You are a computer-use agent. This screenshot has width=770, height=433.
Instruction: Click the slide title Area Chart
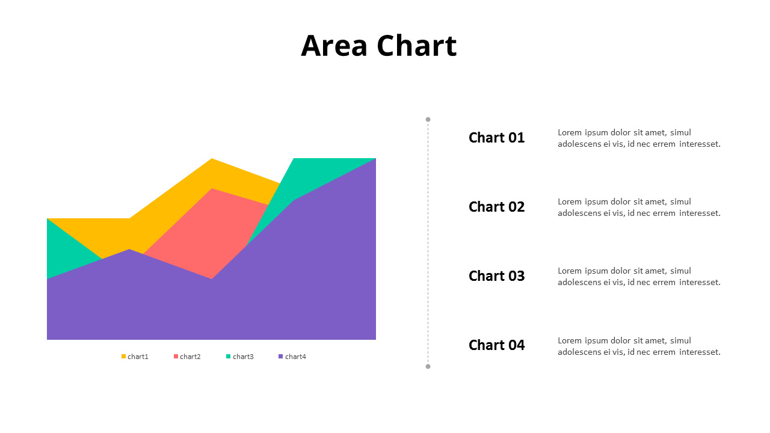coord(378,46)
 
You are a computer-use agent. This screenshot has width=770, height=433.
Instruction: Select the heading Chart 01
coord(496,138)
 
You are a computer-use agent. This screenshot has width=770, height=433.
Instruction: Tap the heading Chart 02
coord(496,207)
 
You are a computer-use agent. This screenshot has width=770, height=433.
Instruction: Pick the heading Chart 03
coord(496,276)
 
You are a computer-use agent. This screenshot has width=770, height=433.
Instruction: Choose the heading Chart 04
coord(496,345)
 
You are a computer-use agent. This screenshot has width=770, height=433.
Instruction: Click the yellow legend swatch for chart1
coord(124,357)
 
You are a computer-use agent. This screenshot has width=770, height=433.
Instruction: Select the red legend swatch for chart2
coord(176,357)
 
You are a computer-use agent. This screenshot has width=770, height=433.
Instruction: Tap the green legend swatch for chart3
coord(229,357)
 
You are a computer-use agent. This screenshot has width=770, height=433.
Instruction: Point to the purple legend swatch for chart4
coord(281,357)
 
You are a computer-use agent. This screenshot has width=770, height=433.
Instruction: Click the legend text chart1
coord(138,357)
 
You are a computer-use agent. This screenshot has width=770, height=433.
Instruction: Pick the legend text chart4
coord(295,357)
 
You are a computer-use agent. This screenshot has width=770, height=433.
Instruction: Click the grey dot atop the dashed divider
coord(428,119)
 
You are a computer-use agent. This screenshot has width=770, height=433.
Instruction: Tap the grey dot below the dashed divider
coord(428,366)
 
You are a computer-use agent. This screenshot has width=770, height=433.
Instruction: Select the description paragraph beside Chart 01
coord(638,138)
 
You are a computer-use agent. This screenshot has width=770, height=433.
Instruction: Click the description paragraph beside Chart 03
coord(638,277)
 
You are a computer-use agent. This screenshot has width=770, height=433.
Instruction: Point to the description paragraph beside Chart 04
coord(638,346)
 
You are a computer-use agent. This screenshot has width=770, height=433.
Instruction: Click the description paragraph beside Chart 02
coord(638,207)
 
